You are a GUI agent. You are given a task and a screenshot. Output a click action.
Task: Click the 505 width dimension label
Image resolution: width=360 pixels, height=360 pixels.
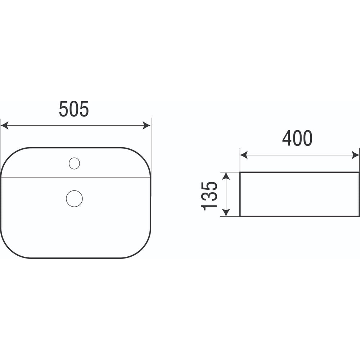[74, 109]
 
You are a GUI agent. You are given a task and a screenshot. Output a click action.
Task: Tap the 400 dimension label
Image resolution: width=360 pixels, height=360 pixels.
[297, 138]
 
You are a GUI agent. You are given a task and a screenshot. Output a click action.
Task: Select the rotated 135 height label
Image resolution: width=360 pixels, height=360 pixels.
[209, 196]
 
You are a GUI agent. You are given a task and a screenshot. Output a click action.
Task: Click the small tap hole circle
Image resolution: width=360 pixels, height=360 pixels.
[75, 163]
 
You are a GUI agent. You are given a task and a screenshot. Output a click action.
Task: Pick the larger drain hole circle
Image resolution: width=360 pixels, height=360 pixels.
[75, 199]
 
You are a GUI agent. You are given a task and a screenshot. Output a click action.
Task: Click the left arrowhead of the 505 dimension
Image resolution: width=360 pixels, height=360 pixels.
[5, 126]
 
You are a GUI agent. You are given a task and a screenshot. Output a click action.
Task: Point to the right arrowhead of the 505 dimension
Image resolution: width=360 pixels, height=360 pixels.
[147, 126]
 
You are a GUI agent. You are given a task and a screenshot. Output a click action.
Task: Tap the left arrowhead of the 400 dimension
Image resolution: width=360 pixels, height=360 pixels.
[244, 155]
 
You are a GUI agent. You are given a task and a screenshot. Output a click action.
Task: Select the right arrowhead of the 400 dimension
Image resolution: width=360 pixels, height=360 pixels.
[355, 155]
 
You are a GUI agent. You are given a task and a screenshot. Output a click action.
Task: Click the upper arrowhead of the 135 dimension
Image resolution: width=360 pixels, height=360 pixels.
[226, 176]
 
